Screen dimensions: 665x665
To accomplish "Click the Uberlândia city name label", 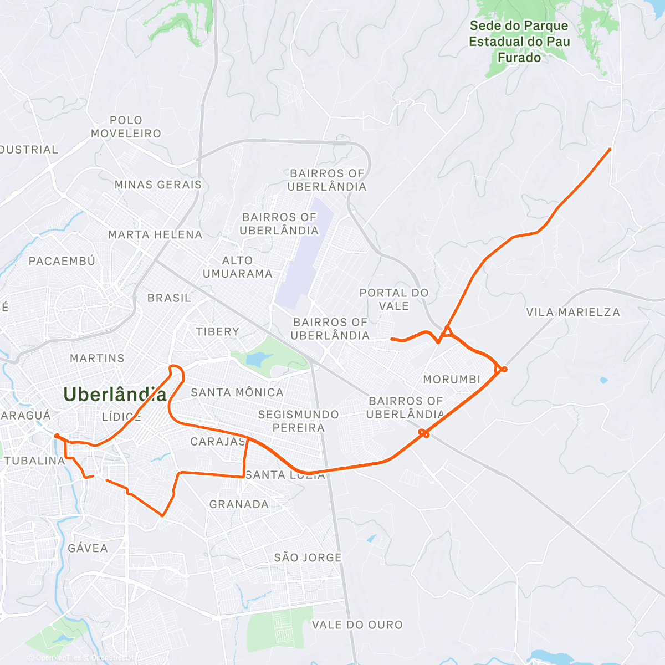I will (x=115, y=394).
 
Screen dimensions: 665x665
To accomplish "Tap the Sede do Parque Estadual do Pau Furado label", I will (x=519, y=42).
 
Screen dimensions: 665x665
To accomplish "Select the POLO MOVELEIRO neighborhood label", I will (x=126, y=127).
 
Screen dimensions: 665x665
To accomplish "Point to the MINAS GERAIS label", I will (x=158, y=185).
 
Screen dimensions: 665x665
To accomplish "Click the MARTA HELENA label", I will (x=155, y=234).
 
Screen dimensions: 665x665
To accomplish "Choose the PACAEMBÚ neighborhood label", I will (x=62, y=261).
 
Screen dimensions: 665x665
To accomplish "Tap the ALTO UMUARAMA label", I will (x=237, y=267).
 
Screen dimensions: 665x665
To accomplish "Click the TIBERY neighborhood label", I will (x=217, y=331).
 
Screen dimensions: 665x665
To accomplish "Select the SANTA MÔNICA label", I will (x=237, y=392).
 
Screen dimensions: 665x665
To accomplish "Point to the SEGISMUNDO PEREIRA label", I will (x=298, y=421).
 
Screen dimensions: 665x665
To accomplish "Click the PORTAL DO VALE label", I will (x=394, y=299).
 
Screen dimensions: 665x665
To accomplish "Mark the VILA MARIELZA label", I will (x=573, y=313).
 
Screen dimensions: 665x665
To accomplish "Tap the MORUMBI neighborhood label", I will (x=452, y=380).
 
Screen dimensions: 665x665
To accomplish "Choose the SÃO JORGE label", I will (x=308, y=557).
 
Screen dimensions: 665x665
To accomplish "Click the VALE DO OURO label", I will (x=357, y=625).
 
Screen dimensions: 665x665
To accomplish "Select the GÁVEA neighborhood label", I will (x=88, y=548).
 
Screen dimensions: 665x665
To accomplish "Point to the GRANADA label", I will (x=239, y=504).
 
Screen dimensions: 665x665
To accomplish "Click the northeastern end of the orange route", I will (x=610, y=149).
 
